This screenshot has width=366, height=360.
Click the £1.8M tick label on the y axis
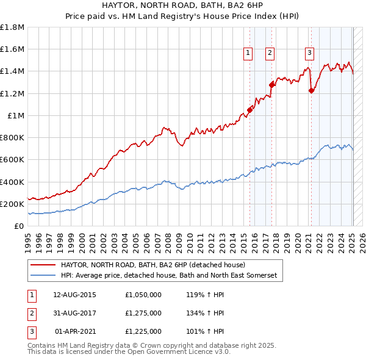click(12, 27)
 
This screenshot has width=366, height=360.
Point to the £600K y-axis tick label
click(12, 160)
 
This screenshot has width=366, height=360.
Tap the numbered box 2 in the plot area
click(269, 53)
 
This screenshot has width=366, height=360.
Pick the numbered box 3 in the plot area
click(309, 53)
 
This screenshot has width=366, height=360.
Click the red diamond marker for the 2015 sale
click(249, 110)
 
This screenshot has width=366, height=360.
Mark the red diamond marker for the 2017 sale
click(272, 85)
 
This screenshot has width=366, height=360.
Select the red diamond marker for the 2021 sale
click(312, 91)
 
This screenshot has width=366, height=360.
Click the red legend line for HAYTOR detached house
click(42, 265)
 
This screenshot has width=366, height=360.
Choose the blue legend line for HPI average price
click(42, 276)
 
